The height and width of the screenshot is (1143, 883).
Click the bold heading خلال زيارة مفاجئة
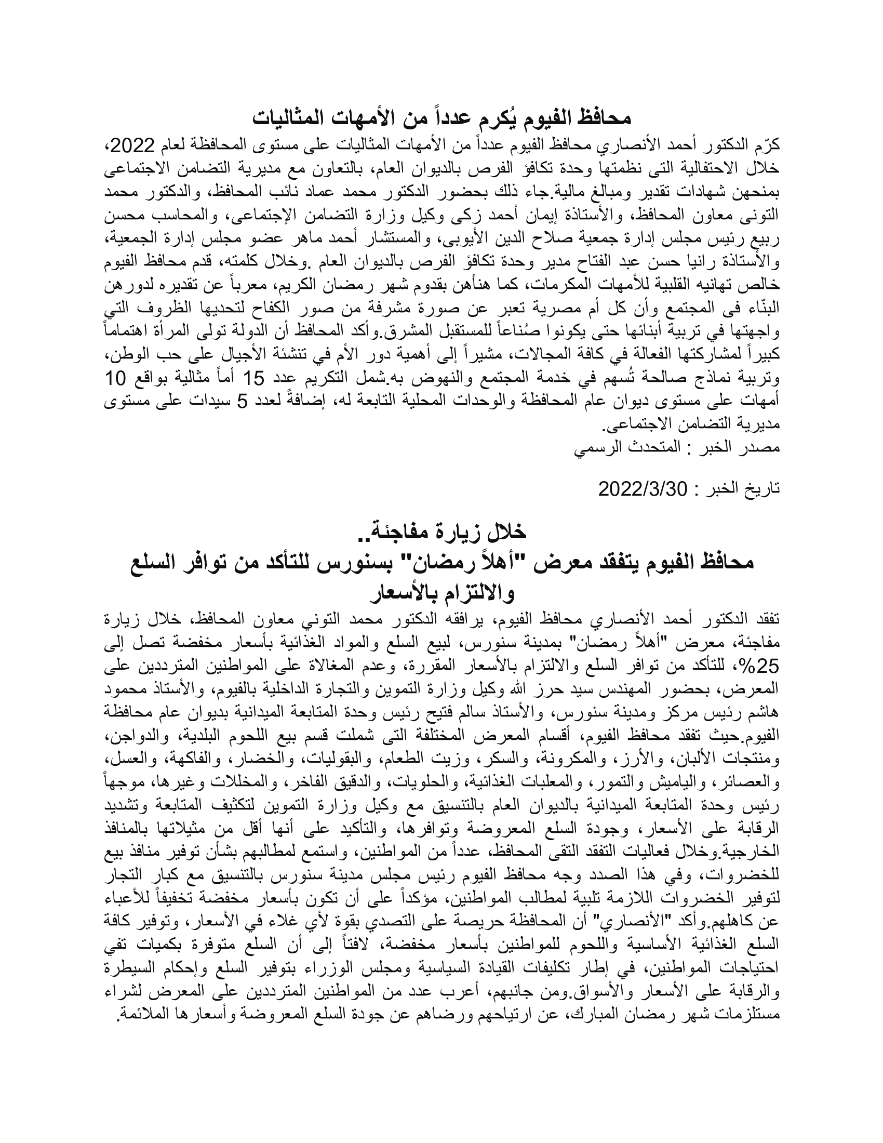coord(441,532)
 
